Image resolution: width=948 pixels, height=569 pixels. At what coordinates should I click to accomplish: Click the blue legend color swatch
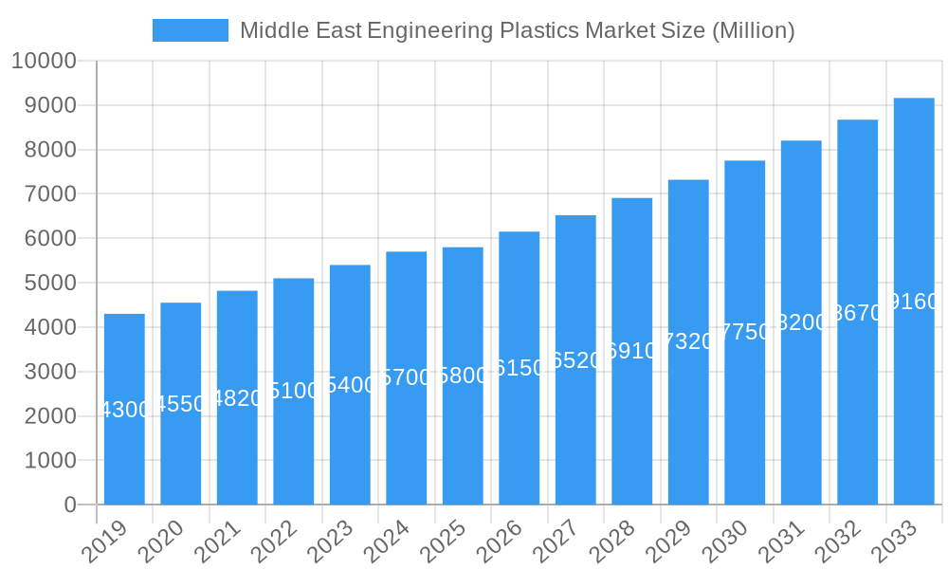click(x=191, y=30)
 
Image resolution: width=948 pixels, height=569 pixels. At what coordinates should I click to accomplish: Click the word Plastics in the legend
click(x=535, y=30)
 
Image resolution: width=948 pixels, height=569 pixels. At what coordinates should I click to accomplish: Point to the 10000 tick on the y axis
click(x=44, y=62)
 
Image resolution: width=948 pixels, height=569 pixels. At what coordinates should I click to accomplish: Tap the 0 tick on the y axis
click(x=70, y=505)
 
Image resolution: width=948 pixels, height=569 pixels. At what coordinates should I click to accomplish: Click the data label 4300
click(x=124, y=410)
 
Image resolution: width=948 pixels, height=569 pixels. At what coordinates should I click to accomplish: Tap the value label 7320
click(x=688, y=341)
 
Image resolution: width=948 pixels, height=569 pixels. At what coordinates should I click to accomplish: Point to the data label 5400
click(x=350, y=385)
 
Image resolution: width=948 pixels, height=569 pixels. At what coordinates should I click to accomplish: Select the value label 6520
click(x=575, y=360)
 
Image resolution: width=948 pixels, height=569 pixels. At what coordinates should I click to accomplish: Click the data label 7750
click(x=745, y=332)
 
